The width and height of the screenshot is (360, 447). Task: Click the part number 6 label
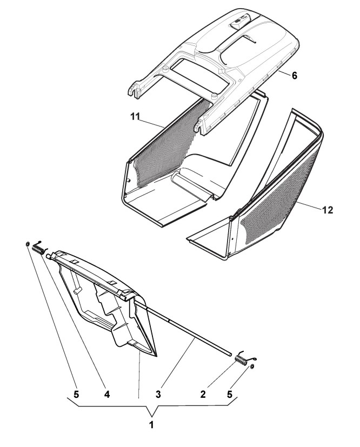point(294,76)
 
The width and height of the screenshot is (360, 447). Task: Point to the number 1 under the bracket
point(151,425)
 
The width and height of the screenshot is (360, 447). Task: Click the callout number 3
point(158,395)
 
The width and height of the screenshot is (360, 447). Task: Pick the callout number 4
point(106,395)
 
